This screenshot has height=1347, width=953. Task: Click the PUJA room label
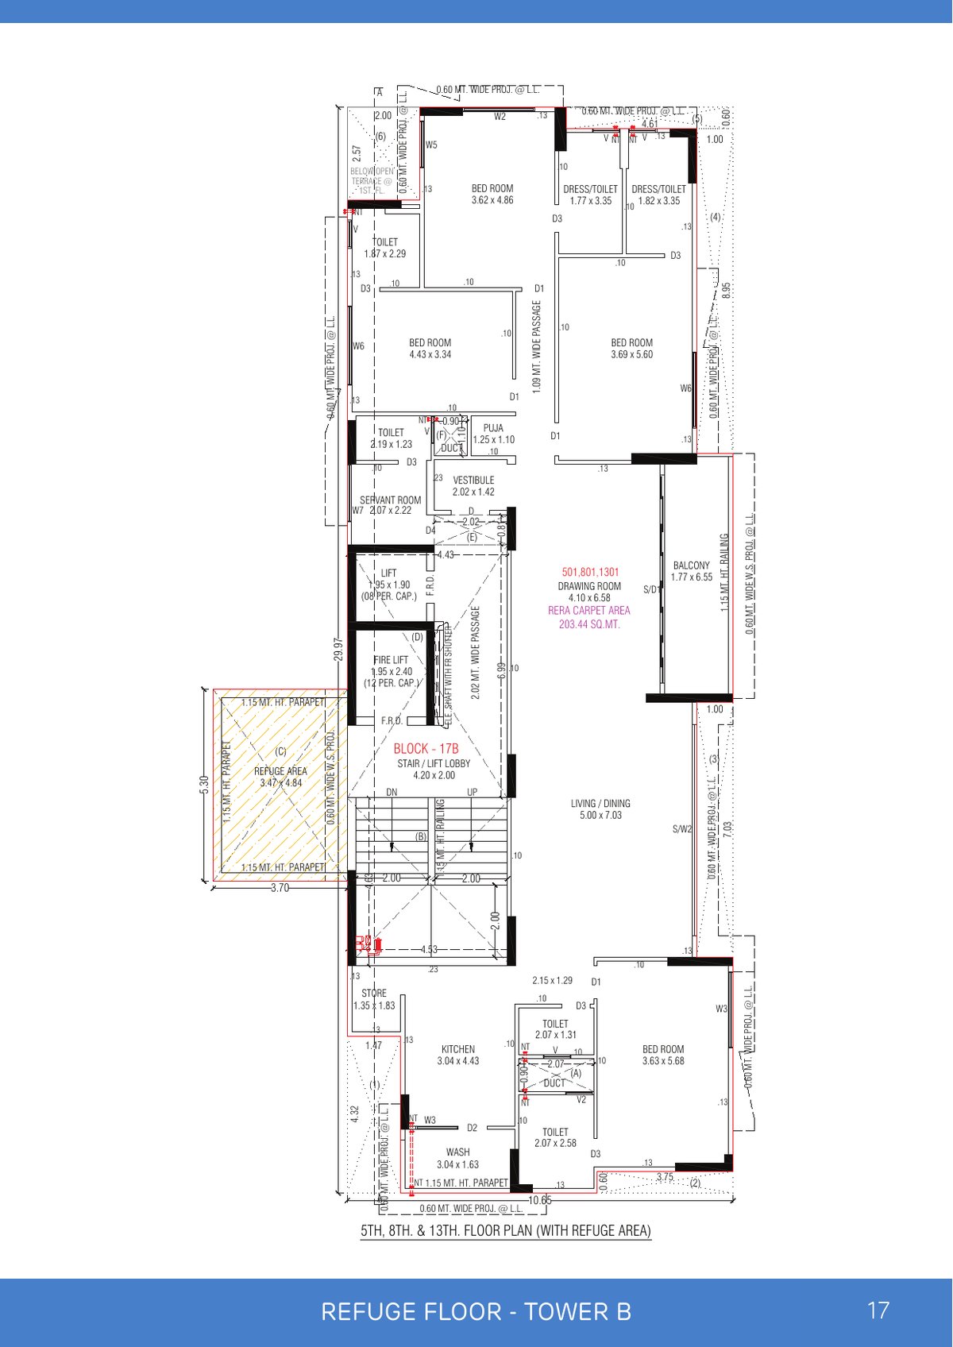(493, 429)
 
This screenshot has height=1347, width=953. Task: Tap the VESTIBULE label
(473, 481)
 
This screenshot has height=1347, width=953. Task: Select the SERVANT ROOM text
(390, 500)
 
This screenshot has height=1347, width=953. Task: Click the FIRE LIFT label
(391, 660)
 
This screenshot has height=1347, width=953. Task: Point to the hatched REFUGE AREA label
(280, 771)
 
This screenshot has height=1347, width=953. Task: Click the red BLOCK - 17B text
(426, 749)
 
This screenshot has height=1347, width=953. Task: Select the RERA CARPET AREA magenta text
(588, 611)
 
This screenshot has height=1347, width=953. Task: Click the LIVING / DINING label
(600, 804)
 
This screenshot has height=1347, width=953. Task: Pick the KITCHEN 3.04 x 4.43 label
(458, 1050)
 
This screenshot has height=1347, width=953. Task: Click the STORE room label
(374, 994)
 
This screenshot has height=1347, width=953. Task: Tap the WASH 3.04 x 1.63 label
(457, 1152)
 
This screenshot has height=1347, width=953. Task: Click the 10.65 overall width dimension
(539, 1200)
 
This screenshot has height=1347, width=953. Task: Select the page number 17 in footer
(878, 1310)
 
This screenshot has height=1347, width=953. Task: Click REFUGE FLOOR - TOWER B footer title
(476, 1311)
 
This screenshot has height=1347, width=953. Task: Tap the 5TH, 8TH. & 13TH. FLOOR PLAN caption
(506, 1231)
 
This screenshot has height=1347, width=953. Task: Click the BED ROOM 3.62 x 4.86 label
(492, 189)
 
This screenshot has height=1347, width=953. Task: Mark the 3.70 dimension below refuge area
(280, 888)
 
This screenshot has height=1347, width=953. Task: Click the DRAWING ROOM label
(589, 586)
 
